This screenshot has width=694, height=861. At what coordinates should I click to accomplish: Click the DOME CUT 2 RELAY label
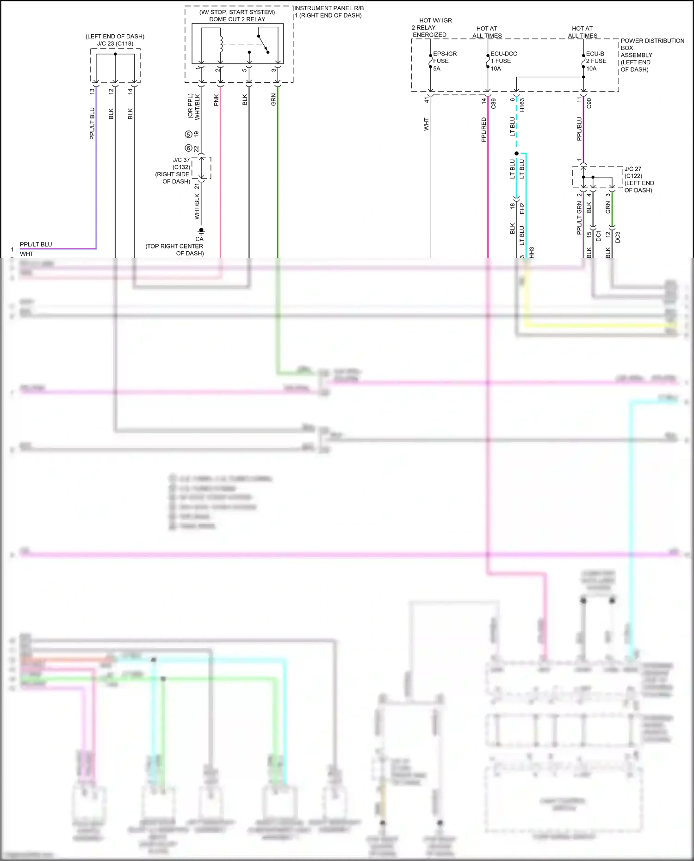(237, 19)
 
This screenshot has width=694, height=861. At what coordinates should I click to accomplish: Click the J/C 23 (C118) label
(115, 43)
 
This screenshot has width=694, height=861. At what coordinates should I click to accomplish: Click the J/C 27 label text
(633, 169)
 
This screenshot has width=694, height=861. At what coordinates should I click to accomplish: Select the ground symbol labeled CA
(201, 231)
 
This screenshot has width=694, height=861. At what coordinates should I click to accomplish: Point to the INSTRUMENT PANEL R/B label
(329, 8)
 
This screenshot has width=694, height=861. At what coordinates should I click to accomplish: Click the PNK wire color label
(216, 100)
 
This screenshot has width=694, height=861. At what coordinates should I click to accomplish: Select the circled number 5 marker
(188, 135)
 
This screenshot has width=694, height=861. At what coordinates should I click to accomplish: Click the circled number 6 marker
(188, 148)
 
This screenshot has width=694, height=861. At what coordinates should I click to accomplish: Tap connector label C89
(493, 103)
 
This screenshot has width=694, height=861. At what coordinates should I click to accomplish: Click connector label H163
(522, 105)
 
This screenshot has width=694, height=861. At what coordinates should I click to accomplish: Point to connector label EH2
(522, 208)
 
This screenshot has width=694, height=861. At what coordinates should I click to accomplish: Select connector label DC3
(617, 237)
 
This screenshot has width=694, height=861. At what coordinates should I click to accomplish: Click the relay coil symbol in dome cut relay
(221, 44)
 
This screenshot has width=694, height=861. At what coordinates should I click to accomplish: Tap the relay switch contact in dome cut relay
(263, 44)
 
